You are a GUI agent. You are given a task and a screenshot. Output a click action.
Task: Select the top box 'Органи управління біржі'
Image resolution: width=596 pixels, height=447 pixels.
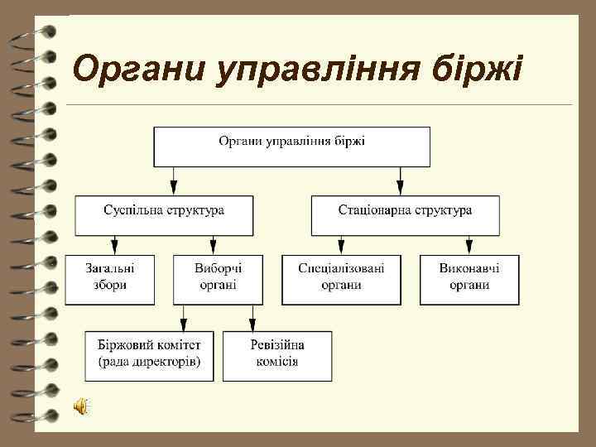(x=291, y=147)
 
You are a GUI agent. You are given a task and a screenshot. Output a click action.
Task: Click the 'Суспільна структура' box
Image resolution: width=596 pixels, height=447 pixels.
(x=163, y=214)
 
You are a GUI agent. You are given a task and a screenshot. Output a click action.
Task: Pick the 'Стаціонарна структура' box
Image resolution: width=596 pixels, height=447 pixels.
(x=405, y=214)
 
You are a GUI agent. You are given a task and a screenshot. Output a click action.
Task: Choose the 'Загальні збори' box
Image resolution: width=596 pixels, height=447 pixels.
(x=110, y=280)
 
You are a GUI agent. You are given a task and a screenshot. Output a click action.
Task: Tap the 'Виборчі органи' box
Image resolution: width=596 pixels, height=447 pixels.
(x=218, y=280)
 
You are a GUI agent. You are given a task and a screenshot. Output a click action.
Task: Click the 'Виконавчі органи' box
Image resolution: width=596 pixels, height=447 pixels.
(x=469, y=280)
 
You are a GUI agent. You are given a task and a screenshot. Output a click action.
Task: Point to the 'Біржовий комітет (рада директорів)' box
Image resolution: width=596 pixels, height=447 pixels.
(x=149, y=356)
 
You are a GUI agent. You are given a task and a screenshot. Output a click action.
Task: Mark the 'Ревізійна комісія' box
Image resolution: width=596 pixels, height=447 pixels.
(x=277, y=356)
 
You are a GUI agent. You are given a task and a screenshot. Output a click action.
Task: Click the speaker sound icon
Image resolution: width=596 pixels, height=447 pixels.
(x=81, y=406)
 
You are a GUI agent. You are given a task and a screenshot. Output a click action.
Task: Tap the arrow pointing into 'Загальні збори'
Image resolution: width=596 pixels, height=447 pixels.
(x=114, y=245)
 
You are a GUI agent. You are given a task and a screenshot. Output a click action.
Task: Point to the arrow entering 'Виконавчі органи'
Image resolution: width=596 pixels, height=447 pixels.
(x=469, y=245)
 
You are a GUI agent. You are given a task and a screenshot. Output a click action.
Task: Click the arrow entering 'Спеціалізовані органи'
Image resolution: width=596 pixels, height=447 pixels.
(x=341, y=245)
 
